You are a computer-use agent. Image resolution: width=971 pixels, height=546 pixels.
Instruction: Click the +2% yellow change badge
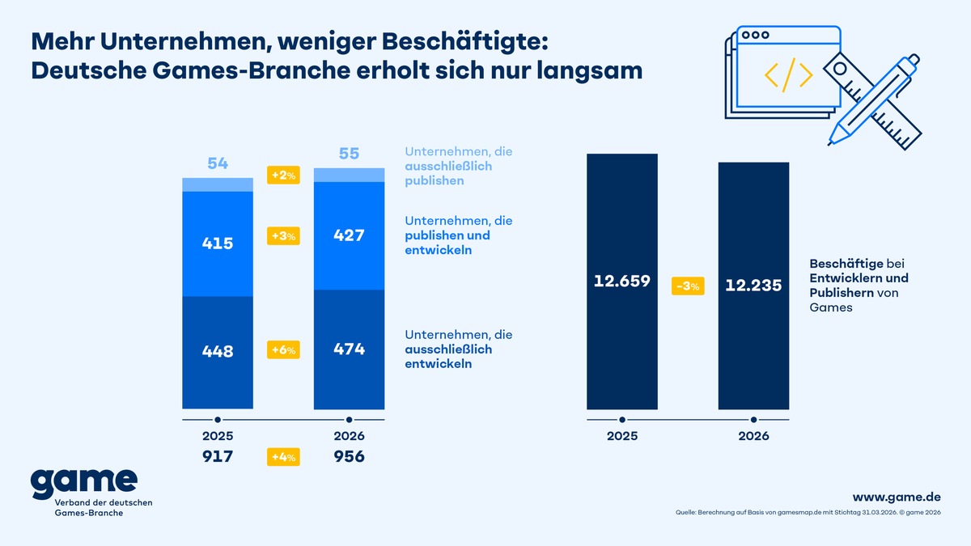click(283, 175)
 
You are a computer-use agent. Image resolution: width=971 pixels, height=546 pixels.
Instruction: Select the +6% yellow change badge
click(283, 350)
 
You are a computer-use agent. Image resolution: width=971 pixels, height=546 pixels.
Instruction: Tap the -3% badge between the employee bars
click(688, 286)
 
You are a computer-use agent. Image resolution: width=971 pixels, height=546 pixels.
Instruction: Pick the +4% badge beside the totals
click(283, 457)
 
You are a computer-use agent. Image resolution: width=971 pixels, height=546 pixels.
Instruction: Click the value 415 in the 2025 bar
click(218, 243)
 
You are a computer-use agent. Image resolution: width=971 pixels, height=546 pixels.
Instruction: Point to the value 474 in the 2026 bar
click(349, 349)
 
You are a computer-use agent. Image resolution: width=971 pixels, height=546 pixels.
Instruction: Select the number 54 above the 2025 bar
click(218, 163)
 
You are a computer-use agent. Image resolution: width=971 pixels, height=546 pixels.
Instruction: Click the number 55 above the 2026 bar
click(349, 154)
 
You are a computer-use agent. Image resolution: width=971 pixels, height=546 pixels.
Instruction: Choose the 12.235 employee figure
click(753, 286)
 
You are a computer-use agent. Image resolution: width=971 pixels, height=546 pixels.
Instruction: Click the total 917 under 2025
click(218, 456)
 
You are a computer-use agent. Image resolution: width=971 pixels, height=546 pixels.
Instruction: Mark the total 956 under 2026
click(349, 456)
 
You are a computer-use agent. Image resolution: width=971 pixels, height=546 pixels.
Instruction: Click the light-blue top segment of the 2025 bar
click(218, 184)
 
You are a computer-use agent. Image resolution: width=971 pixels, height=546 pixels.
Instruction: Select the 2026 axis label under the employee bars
click(753, 435)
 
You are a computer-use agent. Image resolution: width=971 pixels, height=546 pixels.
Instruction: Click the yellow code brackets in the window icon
click(788, 74)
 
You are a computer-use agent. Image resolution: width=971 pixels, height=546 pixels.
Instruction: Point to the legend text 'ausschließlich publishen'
click(447, 173)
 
